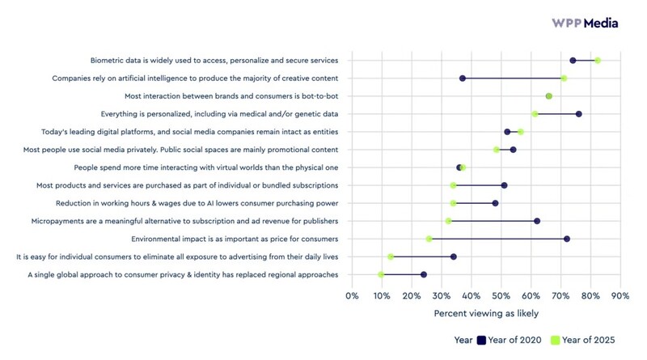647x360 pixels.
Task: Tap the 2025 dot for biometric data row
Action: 598,61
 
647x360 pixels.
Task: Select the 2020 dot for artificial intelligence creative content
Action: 463,78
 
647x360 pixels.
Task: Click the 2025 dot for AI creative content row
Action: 564,78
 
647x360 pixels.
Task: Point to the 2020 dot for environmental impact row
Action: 567,239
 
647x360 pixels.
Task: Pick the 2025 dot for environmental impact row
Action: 429,239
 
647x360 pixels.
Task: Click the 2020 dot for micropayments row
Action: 537,221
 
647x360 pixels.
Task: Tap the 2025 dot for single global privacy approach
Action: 381,275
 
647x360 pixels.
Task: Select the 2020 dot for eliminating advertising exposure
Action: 454,256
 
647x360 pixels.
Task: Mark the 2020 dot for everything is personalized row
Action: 579,114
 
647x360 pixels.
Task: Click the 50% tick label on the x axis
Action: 501,295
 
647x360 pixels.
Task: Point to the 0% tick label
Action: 352,295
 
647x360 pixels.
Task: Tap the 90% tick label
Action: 620,295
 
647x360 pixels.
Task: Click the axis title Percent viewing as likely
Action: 486,312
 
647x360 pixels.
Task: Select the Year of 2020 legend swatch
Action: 480,341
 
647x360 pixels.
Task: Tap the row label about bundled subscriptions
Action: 187,185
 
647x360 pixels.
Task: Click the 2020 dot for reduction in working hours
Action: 496,203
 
